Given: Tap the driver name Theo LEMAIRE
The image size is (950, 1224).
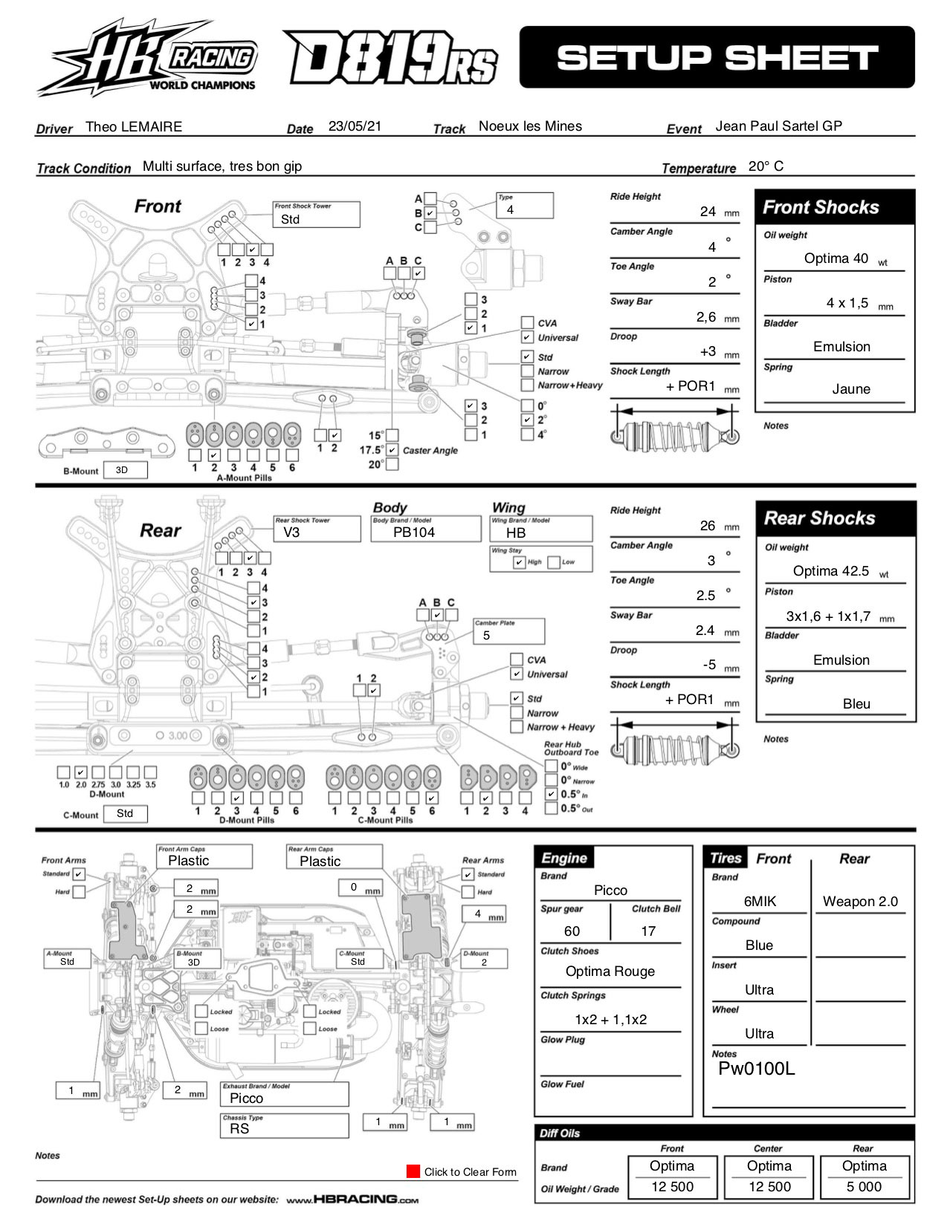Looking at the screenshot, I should tap(134, 127).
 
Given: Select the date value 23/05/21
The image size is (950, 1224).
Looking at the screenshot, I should tap(355, 126).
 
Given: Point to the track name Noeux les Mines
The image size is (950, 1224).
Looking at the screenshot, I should tap(530, 126).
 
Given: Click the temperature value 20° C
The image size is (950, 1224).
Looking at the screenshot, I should tap(766, 166).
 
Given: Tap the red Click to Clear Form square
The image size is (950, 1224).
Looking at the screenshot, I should tap(413, 1171).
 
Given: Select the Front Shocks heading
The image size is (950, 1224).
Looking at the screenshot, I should tap(821, 208).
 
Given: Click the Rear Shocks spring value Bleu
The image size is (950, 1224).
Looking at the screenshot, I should tap(856, 704).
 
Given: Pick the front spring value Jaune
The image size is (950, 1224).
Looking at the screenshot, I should tap(851, 389).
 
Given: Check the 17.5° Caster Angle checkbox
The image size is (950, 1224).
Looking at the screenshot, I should tap(392, 450).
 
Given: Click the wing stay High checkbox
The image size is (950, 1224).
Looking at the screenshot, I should tap(520, 562).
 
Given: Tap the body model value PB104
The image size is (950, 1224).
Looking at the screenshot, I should tap(414, 533).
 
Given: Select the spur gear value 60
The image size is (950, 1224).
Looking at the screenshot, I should tap(572, 931).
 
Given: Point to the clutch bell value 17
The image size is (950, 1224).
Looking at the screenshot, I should tap(648, 931).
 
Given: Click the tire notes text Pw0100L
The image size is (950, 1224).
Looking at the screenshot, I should tap(756, 1069).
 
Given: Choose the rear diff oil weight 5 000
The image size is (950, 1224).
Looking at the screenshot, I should tap(864, 1187).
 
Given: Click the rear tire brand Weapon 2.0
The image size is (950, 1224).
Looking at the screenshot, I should tap(860, 902).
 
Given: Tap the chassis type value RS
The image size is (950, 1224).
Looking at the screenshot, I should tap(239, 1129).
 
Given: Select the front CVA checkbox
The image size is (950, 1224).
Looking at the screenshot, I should tap(527, 323).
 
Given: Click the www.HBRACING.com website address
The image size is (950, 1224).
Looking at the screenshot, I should tap(352, 1199).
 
